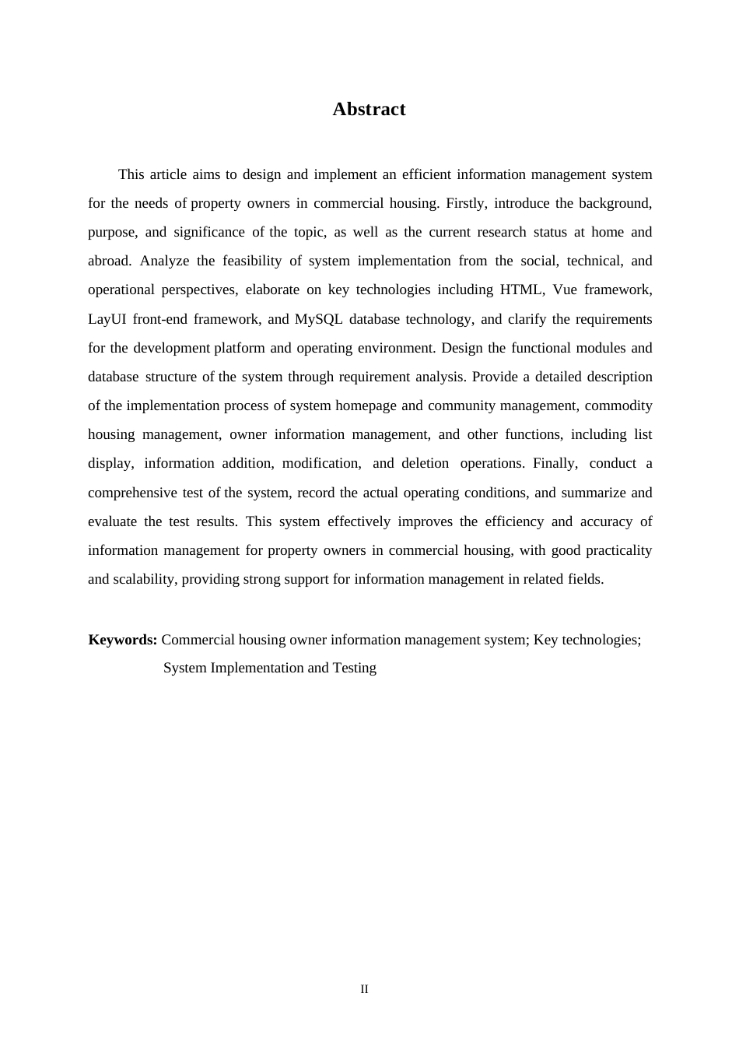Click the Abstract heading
coord(369,109)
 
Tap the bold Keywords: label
coord(123,640)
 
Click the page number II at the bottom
coord(364,989)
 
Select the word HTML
coord(522,290)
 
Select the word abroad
coord(109,261)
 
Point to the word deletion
coord(425,463)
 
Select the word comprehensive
coord(132,493)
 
